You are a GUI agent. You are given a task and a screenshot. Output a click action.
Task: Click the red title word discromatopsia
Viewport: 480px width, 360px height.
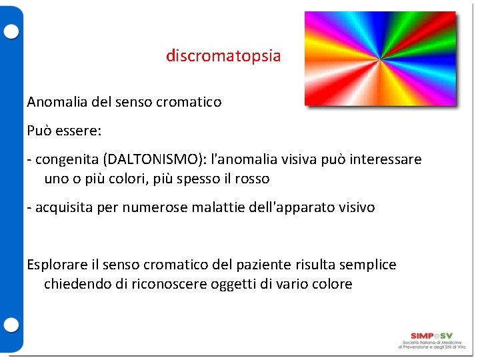pyautogui.click(x=223, y=56)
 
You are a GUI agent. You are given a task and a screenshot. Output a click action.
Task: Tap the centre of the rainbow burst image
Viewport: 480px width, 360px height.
pyautogui.click(x=380, y=59)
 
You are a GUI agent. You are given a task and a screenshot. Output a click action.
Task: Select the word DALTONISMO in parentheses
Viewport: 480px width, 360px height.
pyautogui.click(x=143, y=160)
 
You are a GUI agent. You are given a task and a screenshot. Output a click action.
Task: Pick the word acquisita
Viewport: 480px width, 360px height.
pyautogui.click(x=64, y=207)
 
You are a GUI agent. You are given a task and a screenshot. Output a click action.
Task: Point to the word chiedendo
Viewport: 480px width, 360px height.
pyautogui.click(x=74, y=284)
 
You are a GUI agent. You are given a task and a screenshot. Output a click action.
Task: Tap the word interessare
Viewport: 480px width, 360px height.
pyautogui.click(x=387, y=160)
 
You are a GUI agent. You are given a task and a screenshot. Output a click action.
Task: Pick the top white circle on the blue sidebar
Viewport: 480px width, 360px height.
pyautogui.click(x=11, y=31)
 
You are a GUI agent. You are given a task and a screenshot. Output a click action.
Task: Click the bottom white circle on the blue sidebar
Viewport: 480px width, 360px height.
pyautogui.click(x=11, y=325)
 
